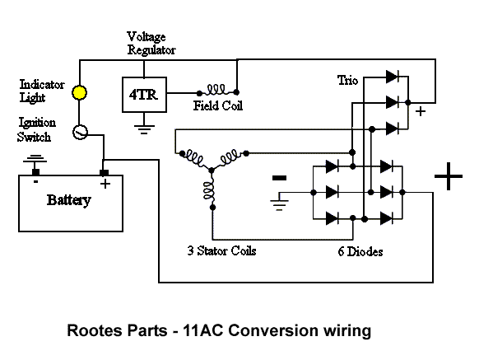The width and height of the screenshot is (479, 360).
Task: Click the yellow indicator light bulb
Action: (80, 93)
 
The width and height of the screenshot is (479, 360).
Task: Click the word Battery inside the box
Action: (68, 200)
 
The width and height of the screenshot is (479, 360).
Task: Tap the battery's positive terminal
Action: (105, 172)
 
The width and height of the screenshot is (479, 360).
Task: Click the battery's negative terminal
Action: (35, 172)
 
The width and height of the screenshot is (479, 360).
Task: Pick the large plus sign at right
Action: (448, 176)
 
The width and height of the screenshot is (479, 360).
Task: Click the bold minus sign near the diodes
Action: (280, 176)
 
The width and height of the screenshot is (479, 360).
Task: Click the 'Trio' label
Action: (348, 80)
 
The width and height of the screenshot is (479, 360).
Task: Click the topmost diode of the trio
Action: (393, 76)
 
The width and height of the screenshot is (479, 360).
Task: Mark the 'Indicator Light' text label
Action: (40, 91)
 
